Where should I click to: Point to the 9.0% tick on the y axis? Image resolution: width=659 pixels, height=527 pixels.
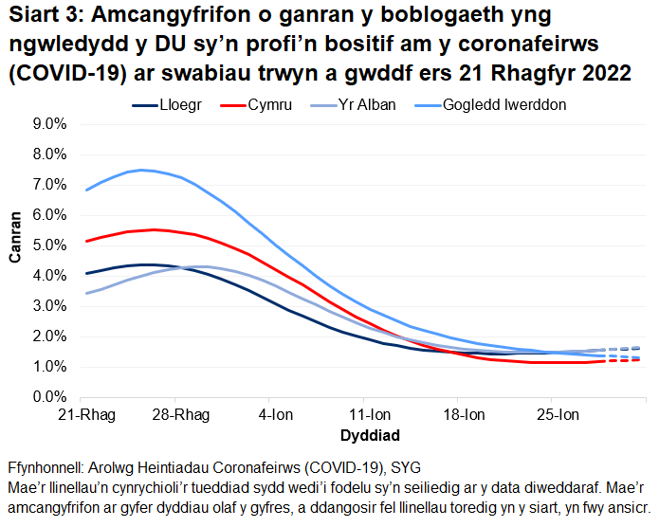pos(50,124)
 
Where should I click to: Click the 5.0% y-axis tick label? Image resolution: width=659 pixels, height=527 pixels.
pos(50,245)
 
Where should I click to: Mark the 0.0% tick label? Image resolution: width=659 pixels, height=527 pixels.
pos(50,397)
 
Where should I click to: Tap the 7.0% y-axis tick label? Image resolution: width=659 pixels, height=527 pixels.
pos(50,185)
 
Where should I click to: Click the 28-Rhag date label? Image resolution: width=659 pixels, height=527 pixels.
pos(178,415)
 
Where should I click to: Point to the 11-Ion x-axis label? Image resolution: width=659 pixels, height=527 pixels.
pos(369,415)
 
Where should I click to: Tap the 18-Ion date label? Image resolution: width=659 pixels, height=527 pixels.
pos(464,415)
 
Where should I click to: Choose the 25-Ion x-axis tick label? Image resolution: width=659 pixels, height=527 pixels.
pos(558,415)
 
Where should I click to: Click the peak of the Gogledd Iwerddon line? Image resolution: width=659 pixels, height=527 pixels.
pos(142,170)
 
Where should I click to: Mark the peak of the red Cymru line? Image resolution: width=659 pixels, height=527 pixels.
pos(155,229)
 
